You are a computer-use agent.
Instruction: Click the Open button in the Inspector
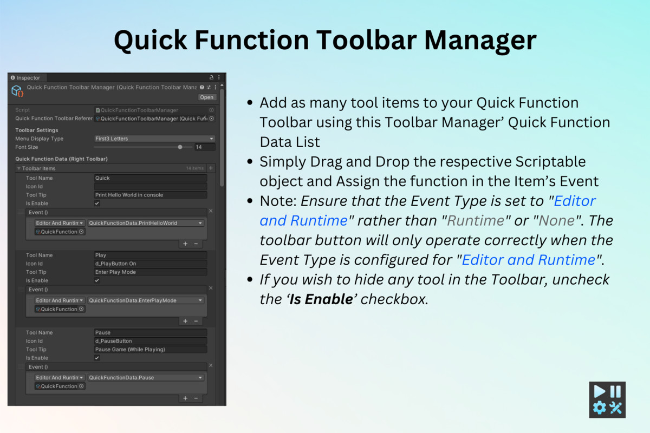206,97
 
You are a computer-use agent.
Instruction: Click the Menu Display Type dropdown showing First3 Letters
154,139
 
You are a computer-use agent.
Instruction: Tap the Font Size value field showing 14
205,147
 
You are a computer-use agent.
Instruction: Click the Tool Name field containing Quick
150,178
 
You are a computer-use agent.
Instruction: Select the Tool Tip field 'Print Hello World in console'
150,195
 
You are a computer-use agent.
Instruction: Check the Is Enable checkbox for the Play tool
97,280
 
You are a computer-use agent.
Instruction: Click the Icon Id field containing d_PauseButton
150,341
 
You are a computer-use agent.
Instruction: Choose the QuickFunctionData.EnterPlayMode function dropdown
145,300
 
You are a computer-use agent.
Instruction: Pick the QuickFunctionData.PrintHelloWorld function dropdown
145,223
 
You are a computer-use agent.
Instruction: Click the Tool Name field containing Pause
150,332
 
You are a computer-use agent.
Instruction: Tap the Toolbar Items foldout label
38,168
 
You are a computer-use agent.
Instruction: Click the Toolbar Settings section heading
36,130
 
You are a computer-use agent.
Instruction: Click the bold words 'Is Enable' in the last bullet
321,299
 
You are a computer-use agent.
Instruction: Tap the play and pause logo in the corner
607,399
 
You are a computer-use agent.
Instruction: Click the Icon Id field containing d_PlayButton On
150,264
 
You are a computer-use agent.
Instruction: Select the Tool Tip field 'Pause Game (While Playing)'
150,350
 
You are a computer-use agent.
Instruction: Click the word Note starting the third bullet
277,201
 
